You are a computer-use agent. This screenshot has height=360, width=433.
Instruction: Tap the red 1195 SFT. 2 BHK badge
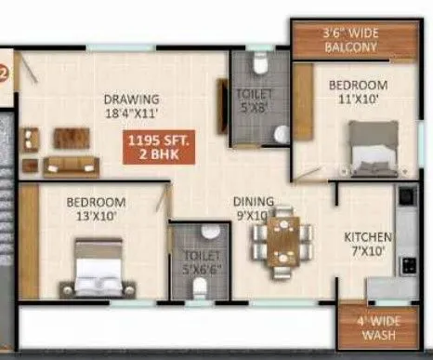coord(156,148)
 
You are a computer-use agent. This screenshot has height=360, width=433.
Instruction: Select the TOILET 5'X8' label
coord(254,100)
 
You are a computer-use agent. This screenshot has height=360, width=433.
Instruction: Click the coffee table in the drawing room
coord(72,139)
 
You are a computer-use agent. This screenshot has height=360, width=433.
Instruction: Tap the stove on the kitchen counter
coord(407,263)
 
